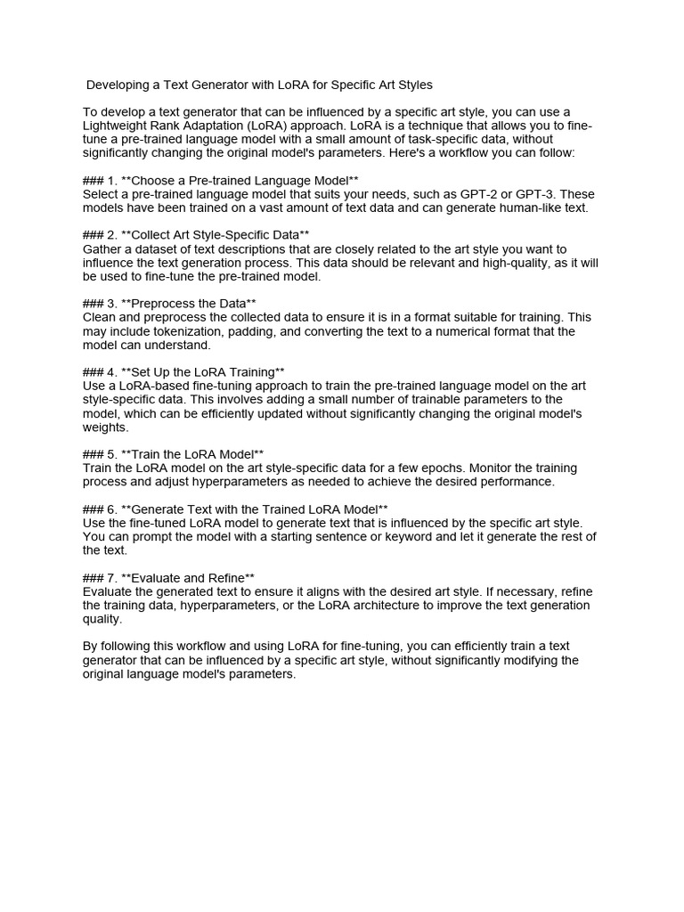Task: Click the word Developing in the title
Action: click(118, 85)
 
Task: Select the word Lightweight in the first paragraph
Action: click(117, 126)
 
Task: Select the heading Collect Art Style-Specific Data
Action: click(216, 235)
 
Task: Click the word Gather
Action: click(102, 249)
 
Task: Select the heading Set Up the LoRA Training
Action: click(204, 371)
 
